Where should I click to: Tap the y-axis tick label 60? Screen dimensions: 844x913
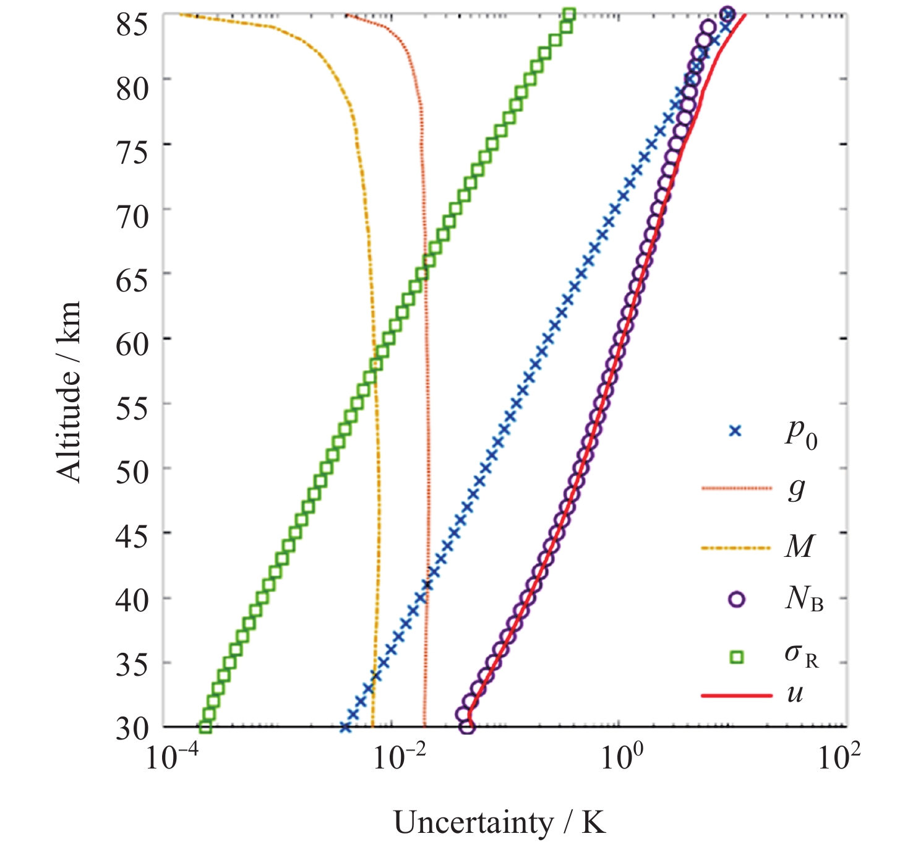tap(132, 343)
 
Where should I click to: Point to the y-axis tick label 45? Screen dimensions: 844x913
tap(132, 536)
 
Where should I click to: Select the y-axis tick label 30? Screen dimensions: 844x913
tap(132, 729)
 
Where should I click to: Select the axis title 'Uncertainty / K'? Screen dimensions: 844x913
tap(500, 823)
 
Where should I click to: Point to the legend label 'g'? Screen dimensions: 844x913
tap(796, 489)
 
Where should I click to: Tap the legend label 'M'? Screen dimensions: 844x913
tap(799, 546)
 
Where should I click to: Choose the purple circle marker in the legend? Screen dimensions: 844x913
tap(736, 599)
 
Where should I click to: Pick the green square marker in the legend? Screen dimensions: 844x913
tap(736, 657)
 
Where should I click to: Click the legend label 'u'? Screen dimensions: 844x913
tap(795, 694)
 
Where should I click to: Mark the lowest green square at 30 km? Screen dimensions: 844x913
tap(205, 727)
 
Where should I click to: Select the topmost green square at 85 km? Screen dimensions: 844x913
tap(570, 14)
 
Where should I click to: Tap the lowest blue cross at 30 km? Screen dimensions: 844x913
tap(345, 727)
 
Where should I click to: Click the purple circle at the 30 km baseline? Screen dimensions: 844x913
tap(468, 727)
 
